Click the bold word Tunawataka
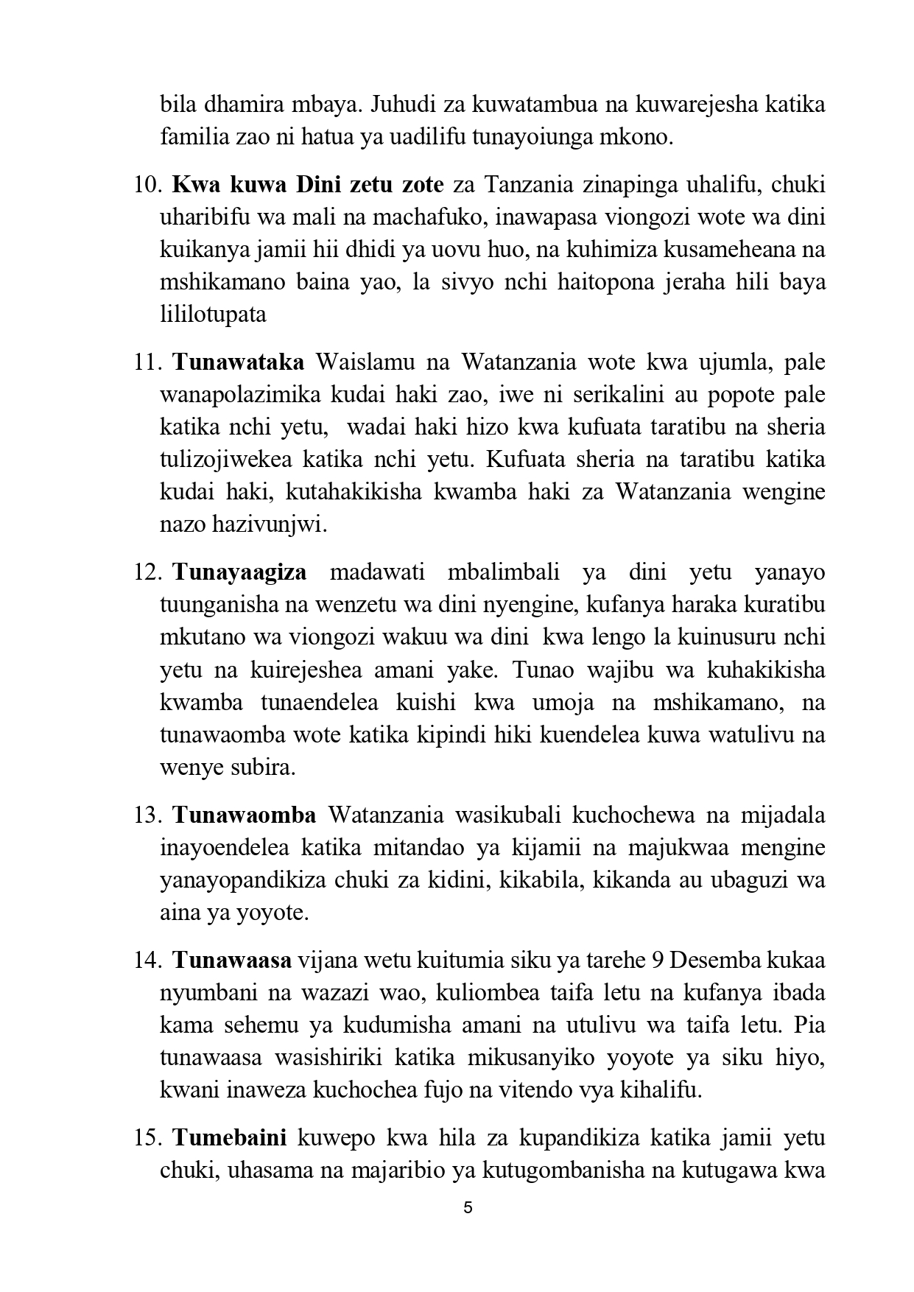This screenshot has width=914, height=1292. pos(238,362)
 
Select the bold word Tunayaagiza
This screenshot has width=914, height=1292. pos(239,573)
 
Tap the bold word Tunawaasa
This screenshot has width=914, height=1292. pos(233,961)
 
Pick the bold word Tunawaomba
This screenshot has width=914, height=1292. pos(245,815)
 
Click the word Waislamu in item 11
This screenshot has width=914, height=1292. pos(361,362)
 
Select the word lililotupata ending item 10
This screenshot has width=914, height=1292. pos(213,315)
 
